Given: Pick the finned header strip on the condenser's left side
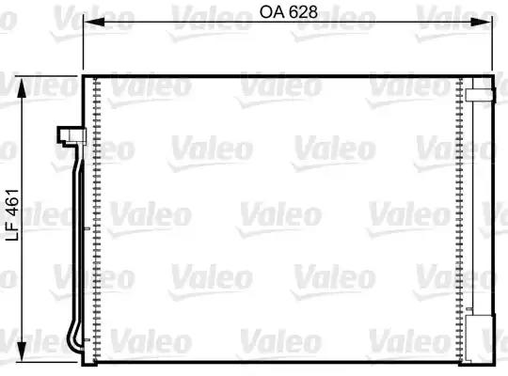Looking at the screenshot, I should point(97,216).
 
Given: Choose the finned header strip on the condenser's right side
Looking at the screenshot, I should point(458,216).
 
